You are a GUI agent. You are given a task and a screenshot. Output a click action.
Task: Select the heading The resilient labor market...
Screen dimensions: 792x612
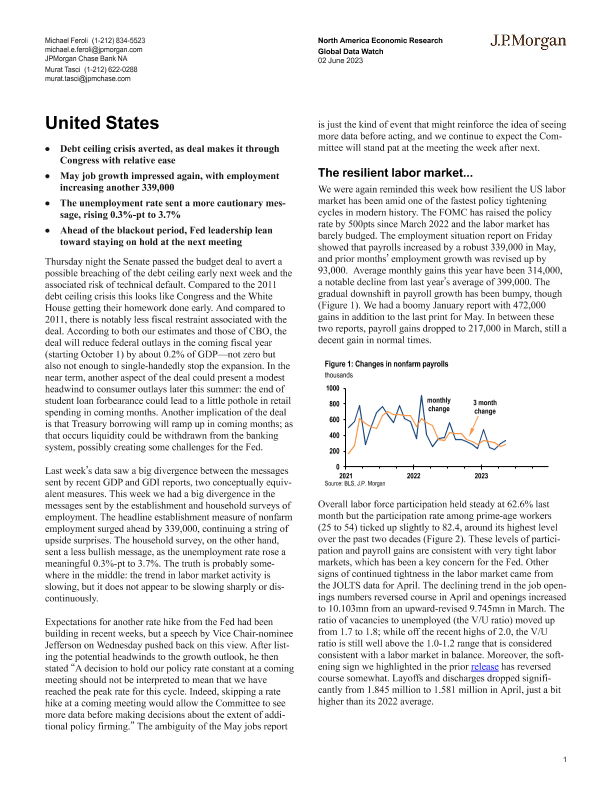388,171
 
